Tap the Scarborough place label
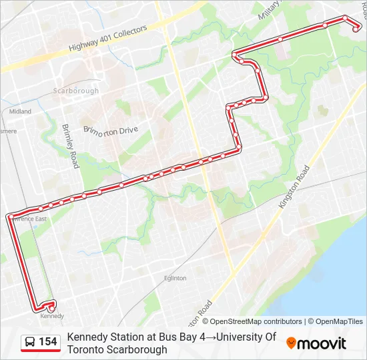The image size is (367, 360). (x=75, y=91)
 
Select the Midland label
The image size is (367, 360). (x=20, y=111)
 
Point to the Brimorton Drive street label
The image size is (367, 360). (x=110, y=131)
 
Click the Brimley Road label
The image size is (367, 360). (x=70, y=145)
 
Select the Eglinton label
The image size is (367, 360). (x=175, y=278)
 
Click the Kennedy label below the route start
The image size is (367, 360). (x=53, y=316)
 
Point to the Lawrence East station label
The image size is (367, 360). (x=30, y=219)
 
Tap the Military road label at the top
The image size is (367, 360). (x=270, y=10)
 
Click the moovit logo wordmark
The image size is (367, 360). (x=322, y=343)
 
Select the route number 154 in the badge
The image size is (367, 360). (x=47, y=342)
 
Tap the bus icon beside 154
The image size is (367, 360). (x=31, y=342)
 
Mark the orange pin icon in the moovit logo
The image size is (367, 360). (x=291, y=343)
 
